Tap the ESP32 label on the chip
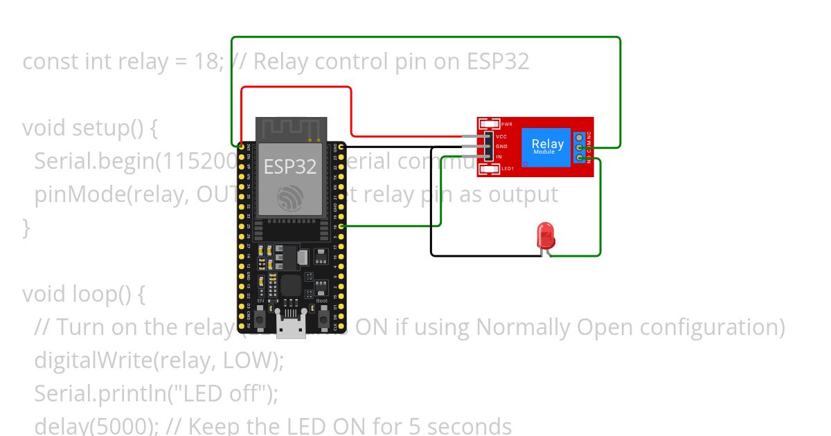click(290, 166)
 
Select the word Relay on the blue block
click(546, 144)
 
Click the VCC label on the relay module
click(501, 136)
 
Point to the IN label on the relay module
click(499, 157)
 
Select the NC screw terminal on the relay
click(579, 136)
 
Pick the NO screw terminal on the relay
click(579, 158)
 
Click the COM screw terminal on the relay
click(579, 147)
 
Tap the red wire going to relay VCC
click(351, 111)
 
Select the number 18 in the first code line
click(207, 62)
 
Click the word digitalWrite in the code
click(79, 360)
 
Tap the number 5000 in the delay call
click(121, 426)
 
